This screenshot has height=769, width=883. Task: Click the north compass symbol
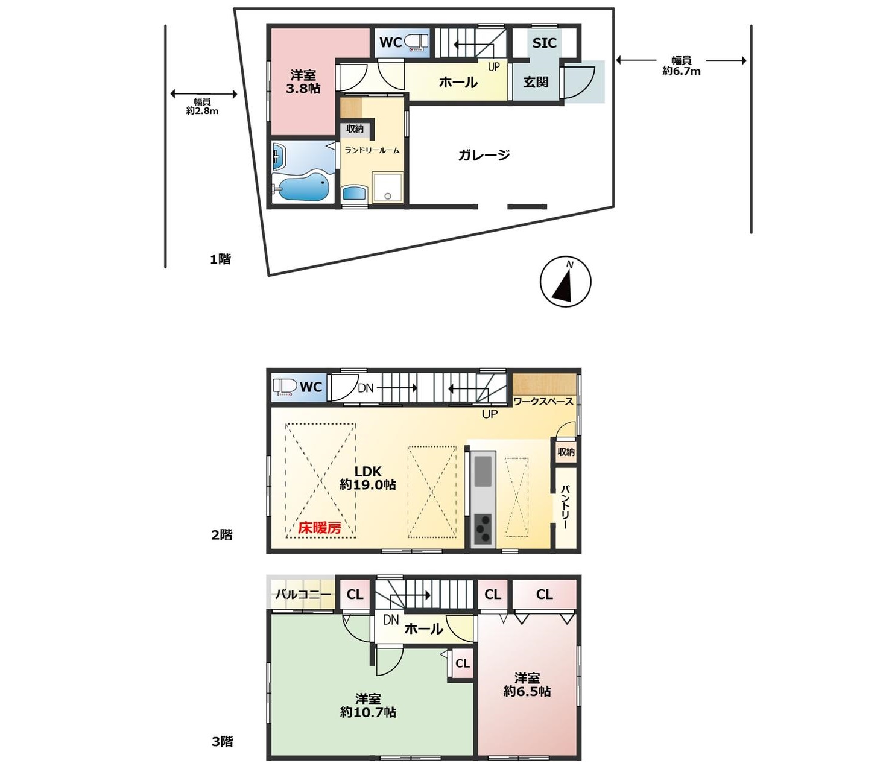(x=565, y=282)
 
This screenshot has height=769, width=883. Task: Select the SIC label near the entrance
(x=544, y=43)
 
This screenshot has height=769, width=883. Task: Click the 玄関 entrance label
(x=536, y=81)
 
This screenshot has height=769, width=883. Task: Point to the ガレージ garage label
(x=484, y=154)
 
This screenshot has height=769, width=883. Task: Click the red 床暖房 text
(x=320, y=527)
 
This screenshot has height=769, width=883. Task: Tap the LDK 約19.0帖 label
(x=368, y=478)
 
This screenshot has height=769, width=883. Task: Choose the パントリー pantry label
(x=565, y=507)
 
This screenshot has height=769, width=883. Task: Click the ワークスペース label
(x=543, y=402)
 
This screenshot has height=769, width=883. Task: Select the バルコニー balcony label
(x=303, y=594)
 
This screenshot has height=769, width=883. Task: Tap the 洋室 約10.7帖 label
(x=368, y=705)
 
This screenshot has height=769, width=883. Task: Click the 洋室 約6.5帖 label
(x=527, y=685)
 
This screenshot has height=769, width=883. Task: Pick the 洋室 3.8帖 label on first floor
(x=303, y=82)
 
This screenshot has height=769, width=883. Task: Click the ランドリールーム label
(x=372, y=151)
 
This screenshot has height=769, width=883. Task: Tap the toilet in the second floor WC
(x=285, y=387)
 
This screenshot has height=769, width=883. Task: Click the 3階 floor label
(x=222, y=741)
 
